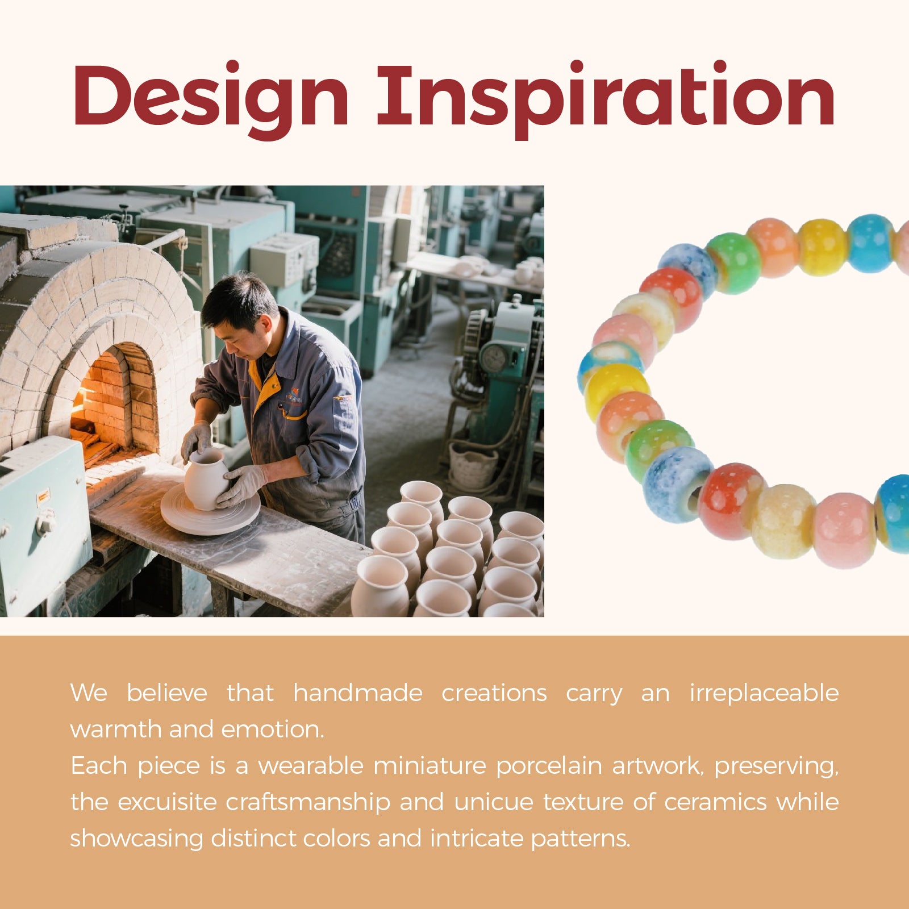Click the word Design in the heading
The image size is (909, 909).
tap(210, 98)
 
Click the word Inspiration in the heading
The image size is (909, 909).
tap(606, 98)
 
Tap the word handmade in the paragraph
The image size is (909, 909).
tap(358, 693)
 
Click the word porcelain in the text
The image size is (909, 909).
tap(548, 766)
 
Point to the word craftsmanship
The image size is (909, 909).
tap(308, 803)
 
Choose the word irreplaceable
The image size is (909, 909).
tap(764, 694)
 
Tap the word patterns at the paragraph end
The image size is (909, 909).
tap(581, 839)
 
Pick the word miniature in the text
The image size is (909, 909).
tap(430, 766)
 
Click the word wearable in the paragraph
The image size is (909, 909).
tap(311, 766)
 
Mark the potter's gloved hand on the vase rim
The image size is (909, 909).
tap(197, 441)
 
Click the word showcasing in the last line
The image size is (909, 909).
tap(136, 839)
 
